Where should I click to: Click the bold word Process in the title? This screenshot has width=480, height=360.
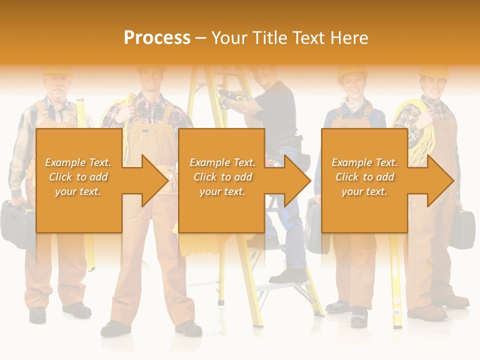point(157,37)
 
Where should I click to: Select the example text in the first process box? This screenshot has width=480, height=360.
point(78,177)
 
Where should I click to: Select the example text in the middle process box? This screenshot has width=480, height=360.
point(222,177)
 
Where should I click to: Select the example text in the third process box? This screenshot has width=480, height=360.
point(364,177)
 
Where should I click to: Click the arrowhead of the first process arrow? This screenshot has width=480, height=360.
point(155,180)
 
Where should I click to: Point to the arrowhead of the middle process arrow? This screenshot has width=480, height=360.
point(297,180)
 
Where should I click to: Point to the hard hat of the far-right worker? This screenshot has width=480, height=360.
point(433,71)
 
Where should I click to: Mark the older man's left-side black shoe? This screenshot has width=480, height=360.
point(37,314)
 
